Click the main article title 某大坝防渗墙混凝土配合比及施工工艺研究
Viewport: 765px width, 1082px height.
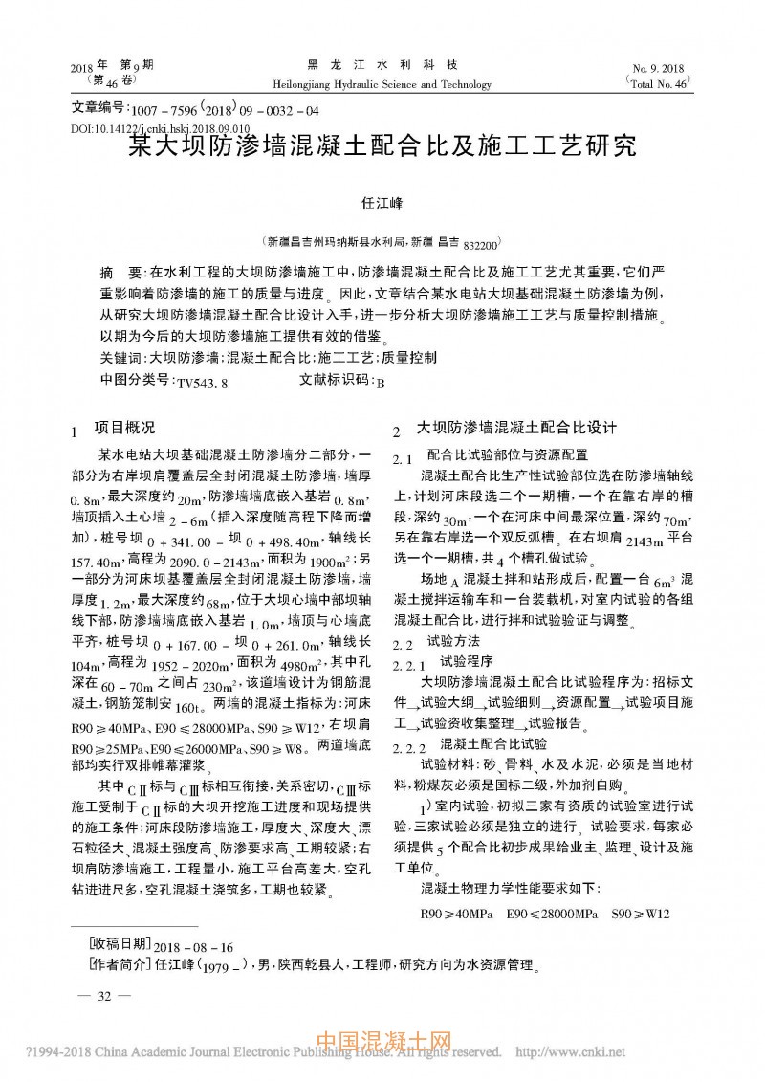382,146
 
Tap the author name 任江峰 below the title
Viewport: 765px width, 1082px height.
382,204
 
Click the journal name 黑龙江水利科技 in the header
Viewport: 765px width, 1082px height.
382,65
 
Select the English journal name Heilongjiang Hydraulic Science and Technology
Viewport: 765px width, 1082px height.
382,84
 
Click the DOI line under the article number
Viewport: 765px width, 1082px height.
161,127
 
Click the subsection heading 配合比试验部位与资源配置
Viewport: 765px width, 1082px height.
507,454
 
